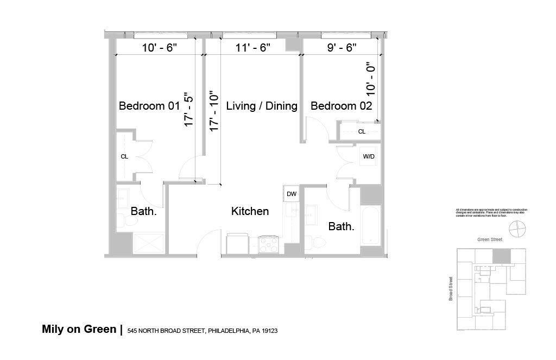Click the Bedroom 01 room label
click(149, 106)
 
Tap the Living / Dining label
click(262, 106)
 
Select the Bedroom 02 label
click(341, 106)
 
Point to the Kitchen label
click(250, 211)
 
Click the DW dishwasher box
click(291, 194)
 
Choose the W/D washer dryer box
click(369, 156)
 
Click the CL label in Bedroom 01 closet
click(124, 156)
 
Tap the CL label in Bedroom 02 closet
click(362, 131)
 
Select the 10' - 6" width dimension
click(160, 48)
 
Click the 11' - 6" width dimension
click(253, 48)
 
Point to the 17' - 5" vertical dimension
click(188, 109)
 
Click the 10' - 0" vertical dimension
click(371, 79)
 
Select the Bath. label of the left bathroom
click(144, 211)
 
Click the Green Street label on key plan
click(490, 239)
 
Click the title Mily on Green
click(79, 329)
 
